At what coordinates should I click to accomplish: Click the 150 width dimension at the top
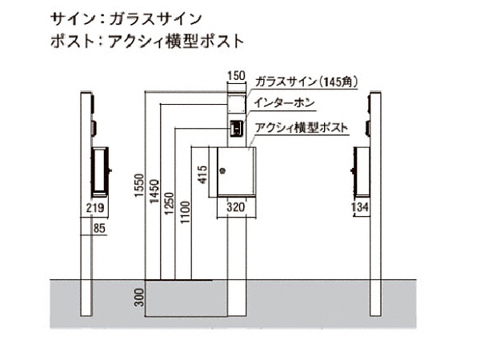coord(237,76)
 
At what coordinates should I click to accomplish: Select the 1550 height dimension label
coord(139,186)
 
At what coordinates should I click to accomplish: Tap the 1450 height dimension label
coord(154,191)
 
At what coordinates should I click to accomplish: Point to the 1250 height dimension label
coord(169,203)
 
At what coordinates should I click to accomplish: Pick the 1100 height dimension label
coord(185,212)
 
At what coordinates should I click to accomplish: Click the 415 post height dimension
coord(202,174)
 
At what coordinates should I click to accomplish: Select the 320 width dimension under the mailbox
coord(236,207)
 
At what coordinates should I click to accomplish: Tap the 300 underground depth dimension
coord(139,298)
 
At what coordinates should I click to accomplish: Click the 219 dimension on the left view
coord(95,208)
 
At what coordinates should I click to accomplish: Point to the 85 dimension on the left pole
coord(99,228)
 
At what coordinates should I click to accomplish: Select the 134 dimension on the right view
coord(359,207)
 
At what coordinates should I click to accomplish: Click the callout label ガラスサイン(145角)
coord(306,82)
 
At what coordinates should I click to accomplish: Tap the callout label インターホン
coord(284,103)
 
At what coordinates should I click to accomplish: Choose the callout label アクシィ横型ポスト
coord(302,127)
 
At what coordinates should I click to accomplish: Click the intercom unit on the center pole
coord(237,128)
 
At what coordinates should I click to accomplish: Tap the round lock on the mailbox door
coord(222,171)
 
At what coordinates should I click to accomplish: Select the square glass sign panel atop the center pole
coord(237,103)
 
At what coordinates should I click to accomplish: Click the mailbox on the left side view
coord(100,171)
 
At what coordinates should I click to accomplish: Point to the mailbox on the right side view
coord(362,171)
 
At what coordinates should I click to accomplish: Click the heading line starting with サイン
coord(126,19)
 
